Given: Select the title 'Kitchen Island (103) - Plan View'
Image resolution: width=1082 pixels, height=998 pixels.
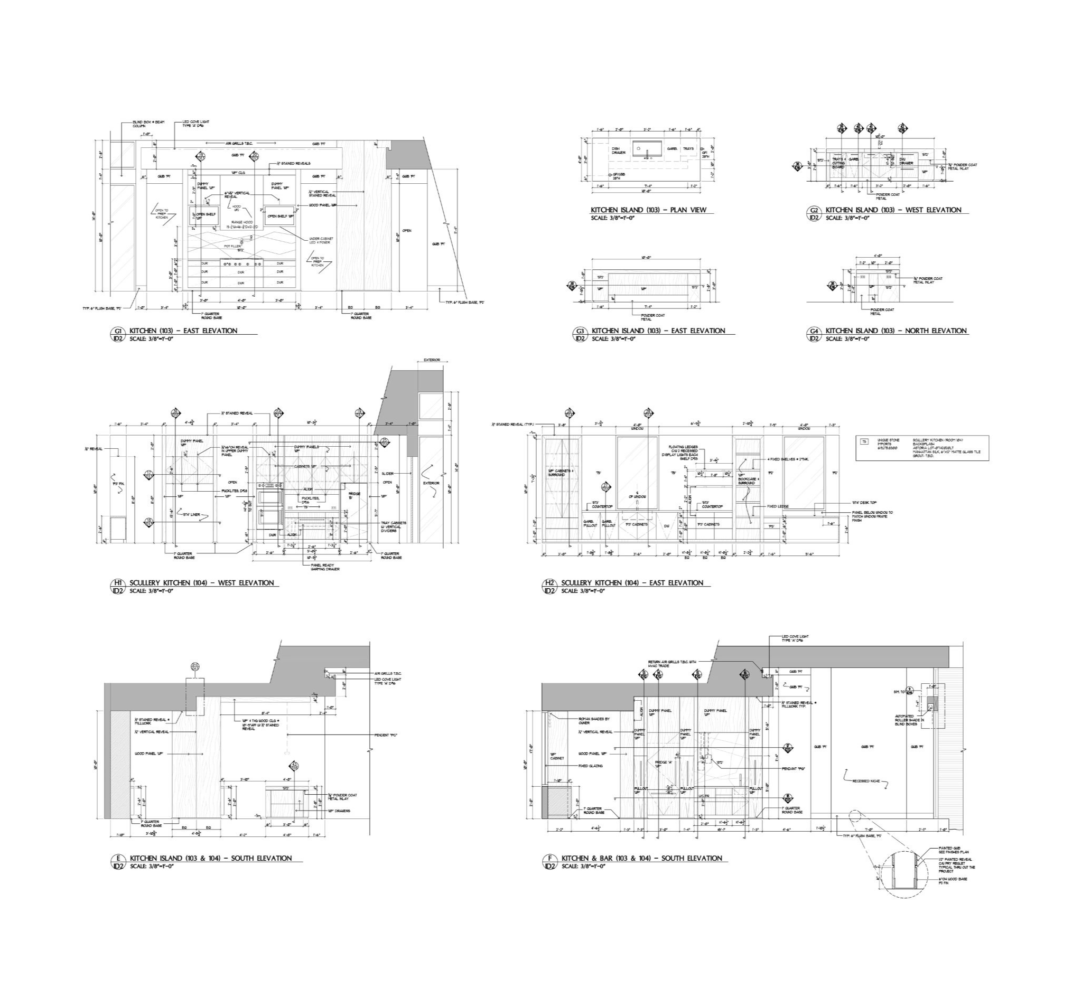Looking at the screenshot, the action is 648,210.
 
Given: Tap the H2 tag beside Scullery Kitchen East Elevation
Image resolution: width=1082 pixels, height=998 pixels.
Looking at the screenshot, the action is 549,583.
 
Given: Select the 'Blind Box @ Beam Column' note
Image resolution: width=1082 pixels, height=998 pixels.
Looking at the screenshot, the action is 142,124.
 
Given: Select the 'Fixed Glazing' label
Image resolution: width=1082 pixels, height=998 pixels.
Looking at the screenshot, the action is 591,766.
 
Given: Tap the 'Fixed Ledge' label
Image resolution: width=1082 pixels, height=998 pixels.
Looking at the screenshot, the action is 778,506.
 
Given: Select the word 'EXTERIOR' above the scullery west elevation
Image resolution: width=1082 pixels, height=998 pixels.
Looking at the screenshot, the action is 432,360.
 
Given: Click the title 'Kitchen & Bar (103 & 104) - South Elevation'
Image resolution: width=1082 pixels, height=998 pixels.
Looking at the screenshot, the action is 641,858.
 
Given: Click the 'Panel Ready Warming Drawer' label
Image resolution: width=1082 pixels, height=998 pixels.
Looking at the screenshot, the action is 323,567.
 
